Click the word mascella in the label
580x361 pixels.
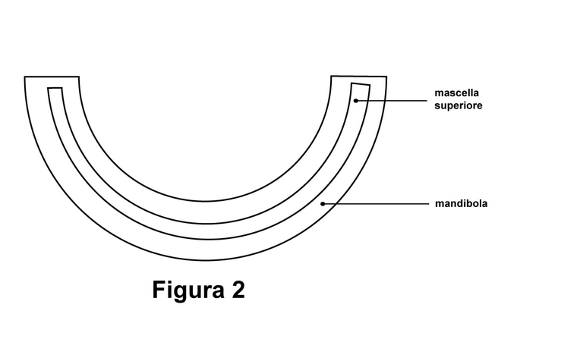[456, 93]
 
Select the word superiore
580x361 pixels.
[459, 105]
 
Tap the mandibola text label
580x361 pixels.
[462, 203]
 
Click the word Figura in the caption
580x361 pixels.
[188, 290]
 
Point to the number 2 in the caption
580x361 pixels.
[238, 289]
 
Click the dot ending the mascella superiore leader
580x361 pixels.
[356, 101]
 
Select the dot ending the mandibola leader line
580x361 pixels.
[323, 203]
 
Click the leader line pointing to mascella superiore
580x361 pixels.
[392, 101]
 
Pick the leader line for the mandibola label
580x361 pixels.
[376, 203]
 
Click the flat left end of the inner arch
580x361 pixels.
[55, 88]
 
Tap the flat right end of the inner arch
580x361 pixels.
[361, 84]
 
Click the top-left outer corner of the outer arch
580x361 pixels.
[24, 77]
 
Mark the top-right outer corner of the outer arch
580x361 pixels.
[387, 77]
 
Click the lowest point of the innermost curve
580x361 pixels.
[206, 202]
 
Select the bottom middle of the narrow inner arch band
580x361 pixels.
[207, 231]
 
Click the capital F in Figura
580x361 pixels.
[159, 289]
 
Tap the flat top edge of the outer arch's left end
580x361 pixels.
[52, 77]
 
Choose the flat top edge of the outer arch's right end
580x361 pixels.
[359, 77]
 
